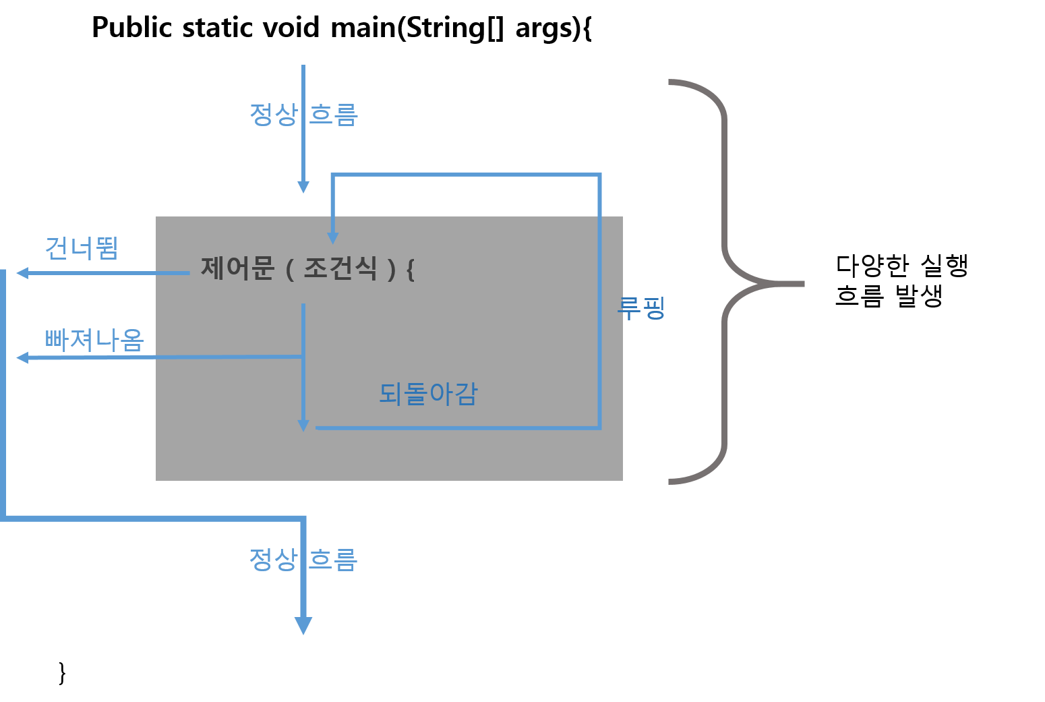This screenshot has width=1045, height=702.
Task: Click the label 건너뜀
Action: (82, 248)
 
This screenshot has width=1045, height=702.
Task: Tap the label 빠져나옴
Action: (94, 339)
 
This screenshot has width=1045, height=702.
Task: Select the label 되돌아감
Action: (428, 394)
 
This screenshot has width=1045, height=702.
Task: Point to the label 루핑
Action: (641, 308)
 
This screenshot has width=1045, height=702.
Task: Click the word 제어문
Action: (237, 268)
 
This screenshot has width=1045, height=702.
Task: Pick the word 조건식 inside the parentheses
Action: (340, 268)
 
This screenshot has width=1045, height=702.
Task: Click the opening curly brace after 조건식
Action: (410, 270)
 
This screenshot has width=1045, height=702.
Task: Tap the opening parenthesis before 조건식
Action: (290, 270)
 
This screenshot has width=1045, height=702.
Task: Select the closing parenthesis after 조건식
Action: (391, 270)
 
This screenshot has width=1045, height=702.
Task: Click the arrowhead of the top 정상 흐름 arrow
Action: (303, 187)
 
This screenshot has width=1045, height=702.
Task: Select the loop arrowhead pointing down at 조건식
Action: (332, 237)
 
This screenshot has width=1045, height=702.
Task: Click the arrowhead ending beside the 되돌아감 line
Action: (303, 426)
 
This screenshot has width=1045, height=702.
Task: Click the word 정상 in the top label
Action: (272, 114)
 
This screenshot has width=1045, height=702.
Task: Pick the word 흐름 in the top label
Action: (334, 114)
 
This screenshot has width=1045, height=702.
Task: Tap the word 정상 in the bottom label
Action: (272, 559)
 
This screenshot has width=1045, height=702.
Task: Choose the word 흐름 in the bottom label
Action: (334, 559)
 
